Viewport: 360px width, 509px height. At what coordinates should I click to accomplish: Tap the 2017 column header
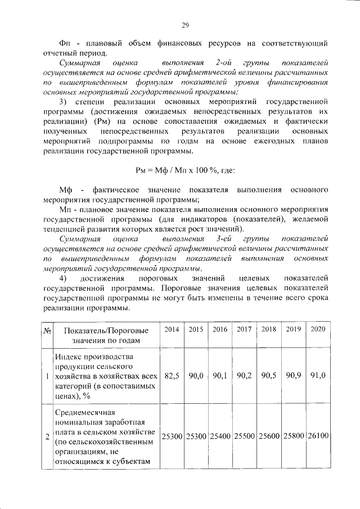pos(244,329)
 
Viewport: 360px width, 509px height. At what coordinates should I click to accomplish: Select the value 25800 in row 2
pos(294,436)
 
